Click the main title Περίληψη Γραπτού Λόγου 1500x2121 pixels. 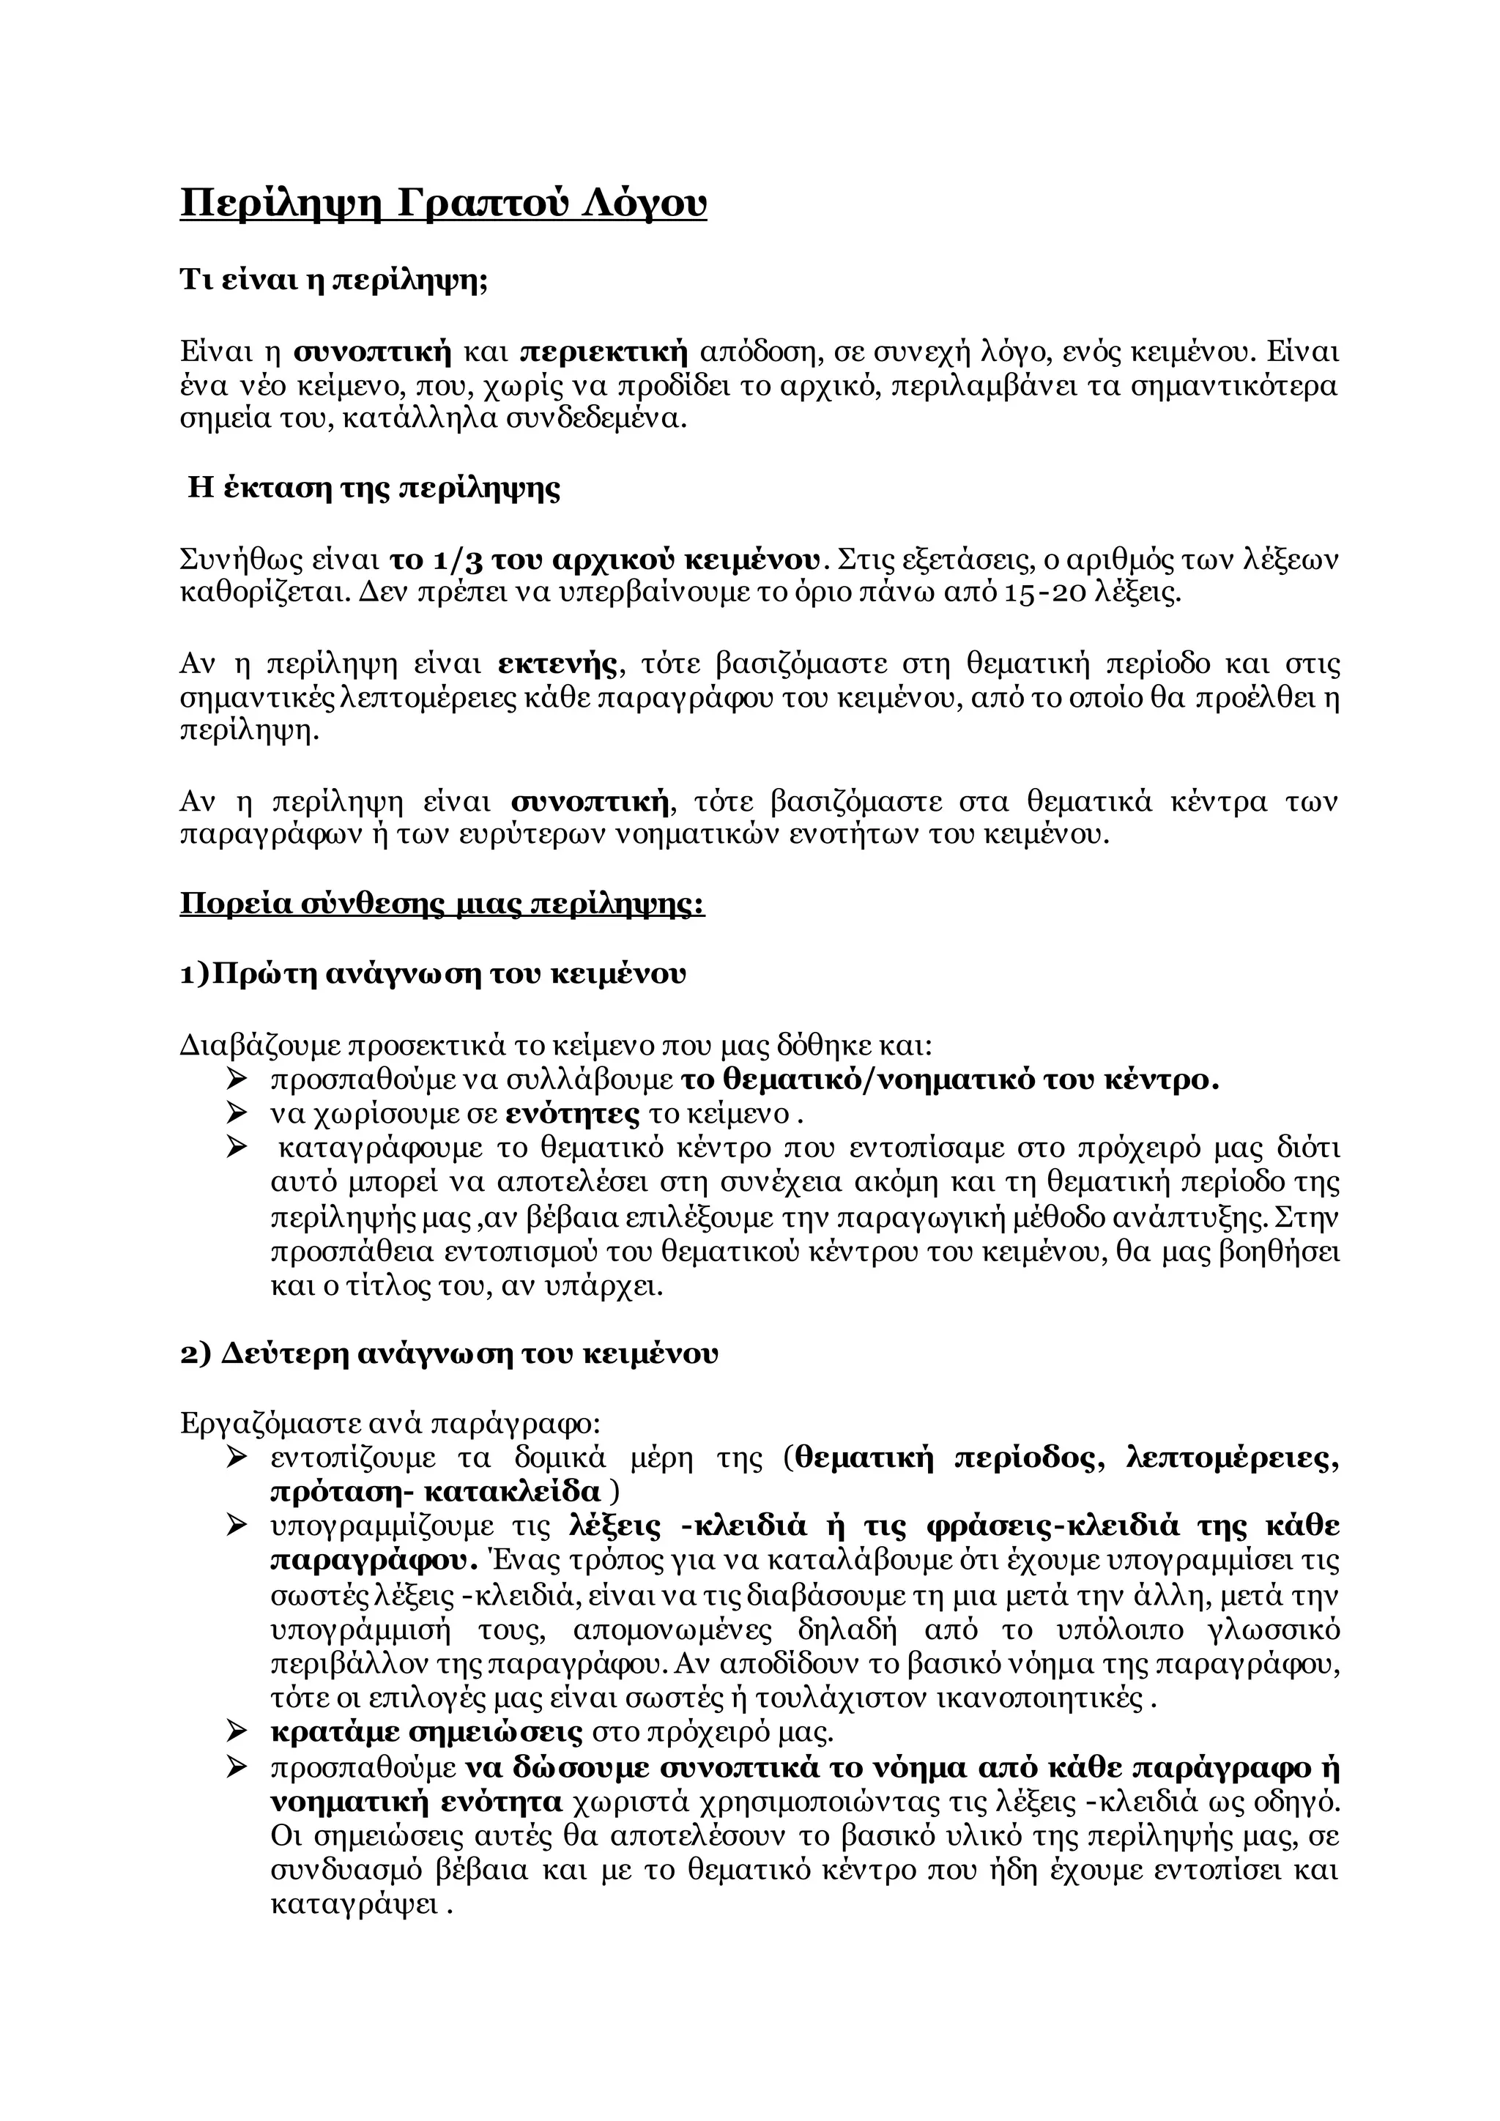(x=442, y=203)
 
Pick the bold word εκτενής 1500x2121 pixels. (x=557, y=664)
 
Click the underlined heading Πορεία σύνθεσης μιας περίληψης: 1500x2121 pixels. (x=442, y=902)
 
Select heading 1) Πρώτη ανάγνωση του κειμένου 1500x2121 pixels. (x=433, y=975)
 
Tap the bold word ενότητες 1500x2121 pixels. (x=573, y=1114)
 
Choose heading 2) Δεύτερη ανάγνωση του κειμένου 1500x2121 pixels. (x=449, y=1354)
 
